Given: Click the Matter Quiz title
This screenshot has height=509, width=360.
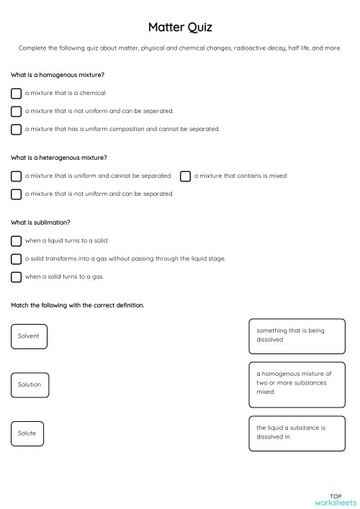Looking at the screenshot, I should point(180,27).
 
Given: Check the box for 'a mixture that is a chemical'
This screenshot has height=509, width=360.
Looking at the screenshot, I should point(16,93).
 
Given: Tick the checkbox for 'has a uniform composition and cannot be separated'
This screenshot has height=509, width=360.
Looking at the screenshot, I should point(16,130).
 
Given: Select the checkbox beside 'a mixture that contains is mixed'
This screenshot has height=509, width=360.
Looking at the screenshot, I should point(185,176).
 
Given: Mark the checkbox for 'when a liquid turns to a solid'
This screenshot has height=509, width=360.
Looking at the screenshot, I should point(16,240).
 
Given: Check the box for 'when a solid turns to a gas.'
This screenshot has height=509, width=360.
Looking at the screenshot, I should point(16,276).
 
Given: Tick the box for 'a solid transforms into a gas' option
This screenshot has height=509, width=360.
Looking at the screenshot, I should point(16,258).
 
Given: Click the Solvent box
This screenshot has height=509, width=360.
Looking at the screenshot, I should point(29,336).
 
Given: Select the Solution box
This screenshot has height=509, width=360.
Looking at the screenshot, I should point(29,384).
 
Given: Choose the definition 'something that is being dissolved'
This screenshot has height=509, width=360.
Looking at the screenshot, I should point(297,336).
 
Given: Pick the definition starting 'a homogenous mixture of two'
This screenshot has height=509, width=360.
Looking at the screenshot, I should point(297,384).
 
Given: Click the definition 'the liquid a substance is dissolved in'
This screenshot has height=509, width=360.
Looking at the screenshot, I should point(297,433).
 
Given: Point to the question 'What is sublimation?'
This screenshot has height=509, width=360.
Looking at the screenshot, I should point(40,222).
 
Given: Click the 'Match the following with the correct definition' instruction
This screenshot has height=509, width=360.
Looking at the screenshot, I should point(78,305).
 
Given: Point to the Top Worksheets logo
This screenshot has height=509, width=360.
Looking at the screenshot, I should point(335,499).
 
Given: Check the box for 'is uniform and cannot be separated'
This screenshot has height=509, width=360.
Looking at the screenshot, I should point(16,176).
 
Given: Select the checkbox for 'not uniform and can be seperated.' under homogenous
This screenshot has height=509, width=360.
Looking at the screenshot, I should point(16,112).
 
